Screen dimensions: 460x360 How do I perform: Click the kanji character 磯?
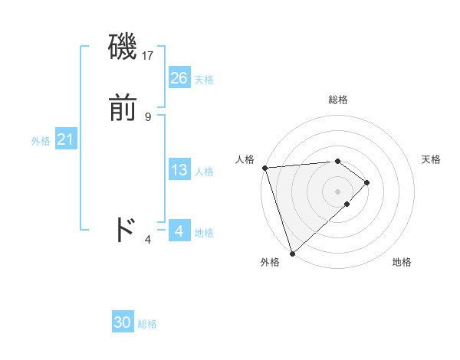tap(123, 48)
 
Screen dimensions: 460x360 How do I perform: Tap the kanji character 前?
tap(123, 109)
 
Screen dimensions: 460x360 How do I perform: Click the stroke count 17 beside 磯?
tap(148, 55)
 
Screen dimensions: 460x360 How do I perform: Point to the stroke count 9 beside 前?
tap(148, 116)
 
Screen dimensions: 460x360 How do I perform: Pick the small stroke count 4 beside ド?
tap(148, 240)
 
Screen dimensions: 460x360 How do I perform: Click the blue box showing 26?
tap(179, 77)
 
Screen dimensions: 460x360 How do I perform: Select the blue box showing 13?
tap(179, 170)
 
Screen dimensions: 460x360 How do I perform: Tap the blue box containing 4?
tap(179, 231)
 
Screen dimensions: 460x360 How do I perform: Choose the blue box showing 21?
tap(65, 139)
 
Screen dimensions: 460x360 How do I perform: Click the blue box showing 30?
tap(122, 322)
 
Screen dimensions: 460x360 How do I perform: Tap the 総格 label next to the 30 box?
tap(147, 324)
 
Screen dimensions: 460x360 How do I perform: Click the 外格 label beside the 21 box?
tap(41, 141)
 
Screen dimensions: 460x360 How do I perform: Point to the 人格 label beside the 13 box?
tap(205, 172)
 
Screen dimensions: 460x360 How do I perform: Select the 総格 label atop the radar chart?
tap(337, 100)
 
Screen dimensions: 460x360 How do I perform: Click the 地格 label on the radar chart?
tap(402, 263)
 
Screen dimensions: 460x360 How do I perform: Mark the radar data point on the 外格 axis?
tap(292, 253)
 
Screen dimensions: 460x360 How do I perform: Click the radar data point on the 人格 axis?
tap(264, 168)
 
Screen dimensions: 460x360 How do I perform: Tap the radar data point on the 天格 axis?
tap(367, 182)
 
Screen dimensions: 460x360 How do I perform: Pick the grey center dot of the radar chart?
tap(337, 191)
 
